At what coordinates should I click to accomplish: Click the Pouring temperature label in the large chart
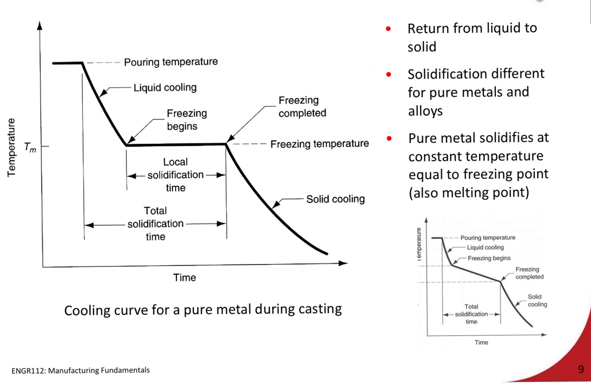(171, 62)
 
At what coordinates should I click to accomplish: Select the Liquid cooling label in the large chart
(165, 88)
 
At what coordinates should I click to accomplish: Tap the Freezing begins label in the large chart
(187, 120)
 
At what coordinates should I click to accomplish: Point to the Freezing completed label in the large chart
(302, 107)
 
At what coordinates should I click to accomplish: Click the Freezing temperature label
(319, 144)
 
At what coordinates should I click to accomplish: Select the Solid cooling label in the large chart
(335, 199)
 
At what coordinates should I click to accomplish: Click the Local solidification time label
(175, 175)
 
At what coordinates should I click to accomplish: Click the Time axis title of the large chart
(185, 278)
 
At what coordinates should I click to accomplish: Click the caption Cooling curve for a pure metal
(203, 309)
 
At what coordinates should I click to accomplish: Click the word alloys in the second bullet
(425, 111)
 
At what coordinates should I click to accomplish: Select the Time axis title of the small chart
(481, 342)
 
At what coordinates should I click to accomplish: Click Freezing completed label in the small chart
(529, 273)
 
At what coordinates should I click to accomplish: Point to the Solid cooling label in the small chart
(537, 301)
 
